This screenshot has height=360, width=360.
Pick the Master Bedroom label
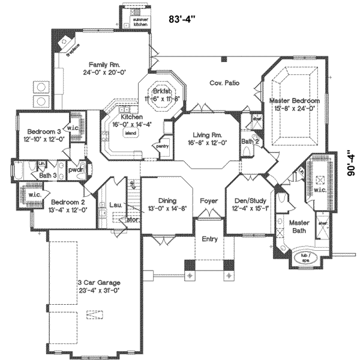coord(294,101)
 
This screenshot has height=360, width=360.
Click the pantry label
coord(161,145)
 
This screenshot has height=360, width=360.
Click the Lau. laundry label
coord(116,205)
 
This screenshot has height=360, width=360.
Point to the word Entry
coord(209,239)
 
